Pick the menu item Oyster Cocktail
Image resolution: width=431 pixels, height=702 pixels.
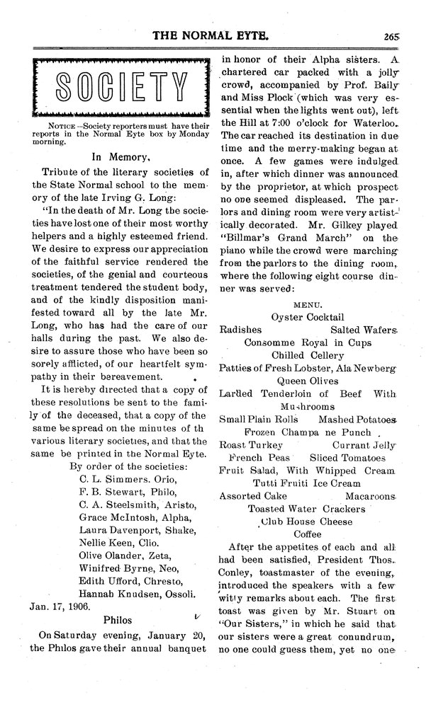click(x=308, y=317)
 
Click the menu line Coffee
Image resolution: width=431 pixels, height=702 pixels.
click(x=308, y=534)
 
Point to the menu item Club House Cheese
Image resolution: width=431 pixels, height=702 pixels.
click(x=308, y=522)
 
